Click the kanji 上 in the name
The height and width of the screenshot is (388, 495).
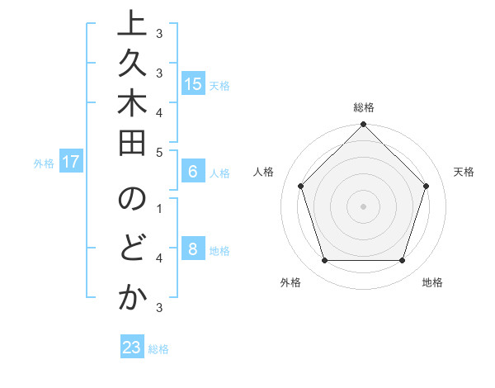tap(131, 26)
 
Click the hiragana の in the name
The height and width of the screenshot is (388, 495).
tap(131, 201)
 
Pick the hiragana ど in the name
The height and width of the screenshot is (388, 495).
tap(131, 249)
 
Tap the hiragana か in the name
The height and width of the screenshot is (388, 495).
tap(131, 299)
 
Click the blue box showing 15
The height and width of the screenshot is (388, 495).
tap(193, 83)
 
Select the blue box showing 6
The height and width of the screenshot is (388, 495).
tap(193, 172)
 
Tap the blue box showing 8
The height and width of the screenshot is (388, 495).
tap(193, 249)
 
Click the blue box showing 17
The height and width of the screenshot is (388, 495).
tap(71, 162)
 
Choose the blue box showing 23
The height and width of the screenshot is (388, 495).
tap(132, 348)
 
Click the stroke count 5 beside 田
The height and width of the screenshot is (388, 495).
tap(159, 152)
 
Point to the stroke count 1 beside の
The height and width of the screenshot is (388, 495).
tap(159, 207)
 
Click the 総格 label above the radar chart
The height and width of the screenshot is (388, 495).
tap(364, 107)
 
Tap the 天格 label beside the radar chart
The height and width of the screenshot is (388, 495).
tap(464, 172)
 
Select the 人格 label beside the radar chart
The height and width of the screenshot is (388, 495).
tap(264, 172)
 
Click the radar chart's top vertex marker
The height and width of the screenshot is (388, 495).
tap(363, 125)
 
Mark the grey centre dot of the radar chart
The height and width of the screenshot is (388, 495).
tap(363, 206)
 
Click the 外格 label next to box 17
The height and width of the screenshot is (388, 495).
tap(44, 163)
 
